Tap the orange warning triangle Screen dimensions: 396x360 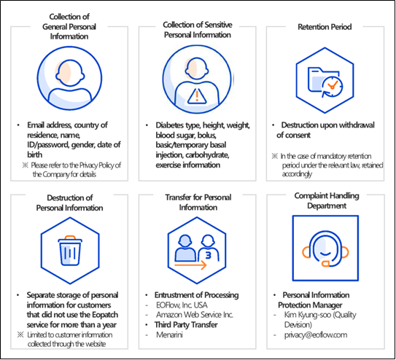pos(197,96)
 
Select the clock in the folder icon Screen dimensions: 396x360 pos(332,86)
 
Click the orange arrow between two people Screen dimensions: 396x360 pos(190,265)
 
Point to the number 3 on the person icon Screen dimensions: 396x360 pos(209,255)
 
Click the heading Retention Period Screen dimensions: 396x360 pos(325,27)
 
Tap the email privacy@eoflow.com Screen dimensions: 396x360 pos(316,334)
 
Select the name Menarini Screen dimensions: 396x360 pos(169,334)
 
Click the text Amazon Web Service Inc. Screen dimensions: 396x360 pos(195,315)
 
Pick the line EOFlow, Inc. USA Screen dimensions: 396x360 pos(182,305)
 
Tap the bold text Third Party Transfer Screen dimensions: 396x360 pos(186,325)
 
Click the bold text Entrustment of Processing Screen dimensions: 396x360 pos(196,295)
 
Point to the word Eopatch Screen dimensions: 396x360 pos(104,315)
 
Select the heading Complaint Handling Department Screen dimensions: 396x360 pos(327,200)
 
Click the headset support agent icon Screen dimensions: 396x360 pos(325,249)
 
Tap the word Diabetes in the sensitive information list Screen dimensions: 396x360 pos(170,125)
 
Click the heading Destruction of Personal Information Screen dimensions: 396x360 pos(69,203)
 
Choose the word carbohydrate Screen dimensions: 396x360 pos(207,155)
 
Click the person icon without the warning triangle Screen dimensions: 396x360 pos(69,78)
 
